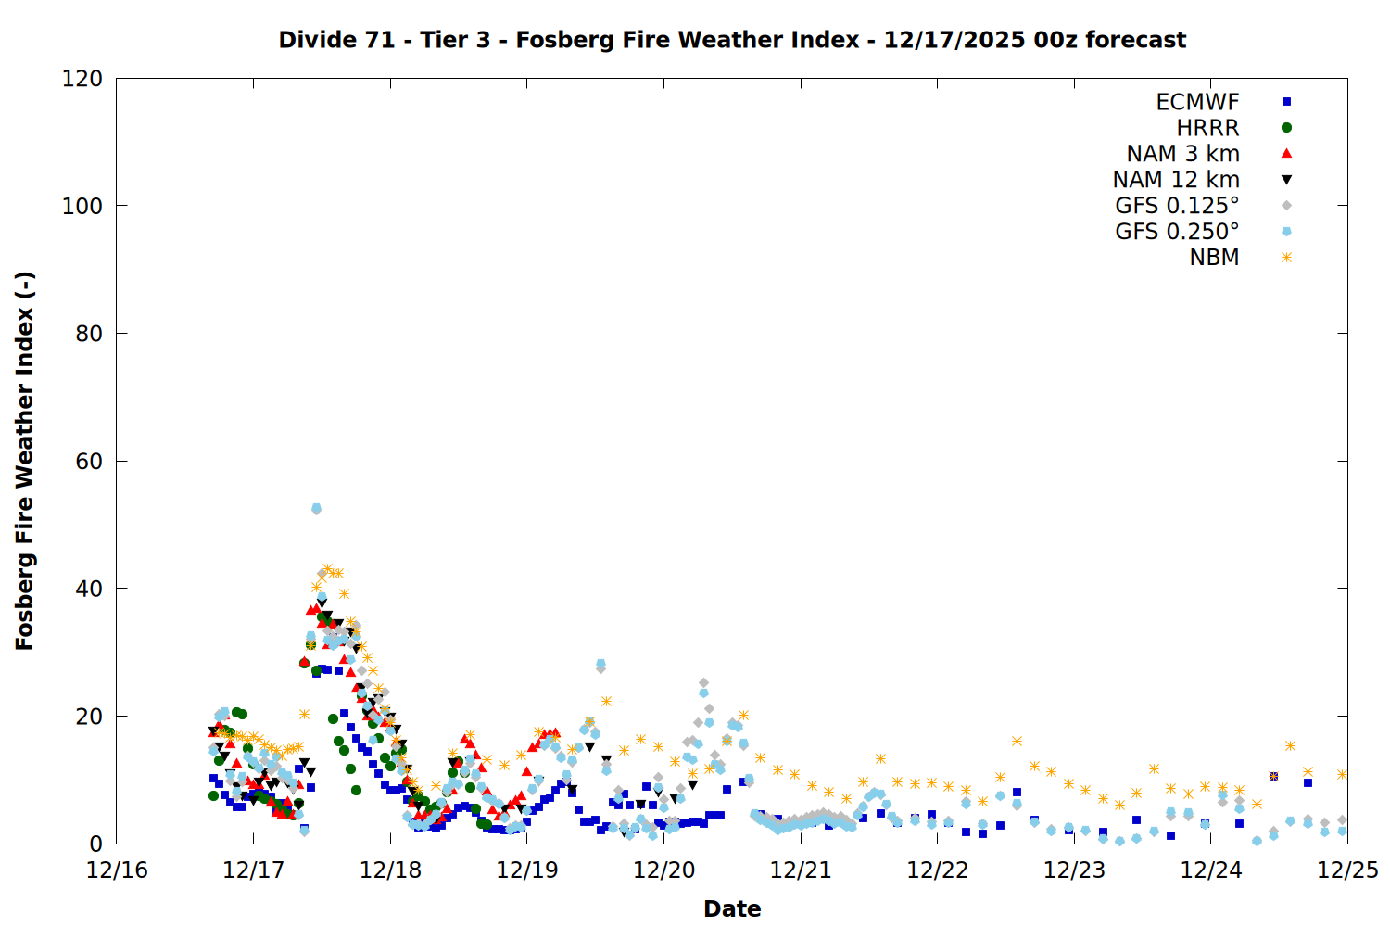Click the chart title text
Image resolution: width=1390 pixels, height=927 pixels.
click(732, 40)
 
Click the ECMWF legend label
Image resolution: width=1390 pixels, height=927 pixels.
click(1197, 102)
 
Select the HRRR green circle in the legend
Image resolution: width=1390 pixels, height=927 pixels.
click(1286, 128)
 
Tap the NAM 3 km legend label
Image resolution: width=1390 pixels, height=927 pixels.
click(1182, 154)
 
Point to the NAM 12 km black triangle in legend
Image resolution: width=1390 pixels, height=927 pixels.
click(1286, 179)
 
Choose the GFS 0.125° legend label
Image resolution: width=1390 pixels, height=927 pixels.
click(1177, 206)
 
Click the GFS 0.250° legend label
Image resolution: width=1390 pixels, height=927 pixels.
click(1177, 232)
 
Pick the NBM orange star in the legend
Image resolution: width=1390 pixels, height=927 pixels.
click(1286, 258)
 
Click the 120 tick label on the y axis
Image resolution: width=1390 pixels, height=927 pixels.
click(82, 79)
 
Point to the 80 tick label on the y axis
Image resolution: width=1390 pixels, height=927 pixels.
click(89, 334)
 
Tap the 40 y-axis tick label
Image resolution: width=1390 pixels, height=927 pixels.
click(89, 589)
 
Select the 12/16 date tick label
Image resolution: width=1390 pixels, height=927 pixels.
click(117, 870)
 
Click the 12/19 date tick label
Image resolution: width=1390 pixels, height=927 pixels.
click(527, 870)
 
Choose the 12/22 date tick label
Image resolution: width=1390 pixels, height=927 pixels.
click(938, 870)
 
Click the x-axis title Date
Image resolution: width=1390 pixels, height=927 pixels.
click(732, 908)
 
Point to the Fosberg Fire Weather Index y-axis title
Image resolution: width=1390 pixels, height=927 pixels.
click(25, 461)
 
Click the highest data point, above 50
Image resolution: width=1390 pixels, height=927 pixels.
click(316, 509)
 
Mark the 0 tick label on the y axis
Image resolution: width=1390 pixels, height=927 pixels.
click(95, 844)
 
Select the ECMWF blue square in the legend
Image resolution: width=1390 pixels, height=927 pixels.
click(1286, 102)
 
